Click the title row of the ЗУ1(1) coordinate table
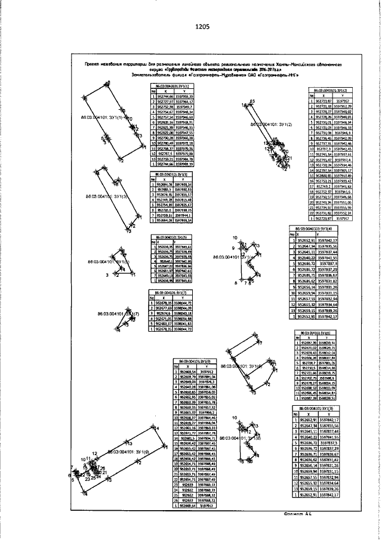coord(172,87)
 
